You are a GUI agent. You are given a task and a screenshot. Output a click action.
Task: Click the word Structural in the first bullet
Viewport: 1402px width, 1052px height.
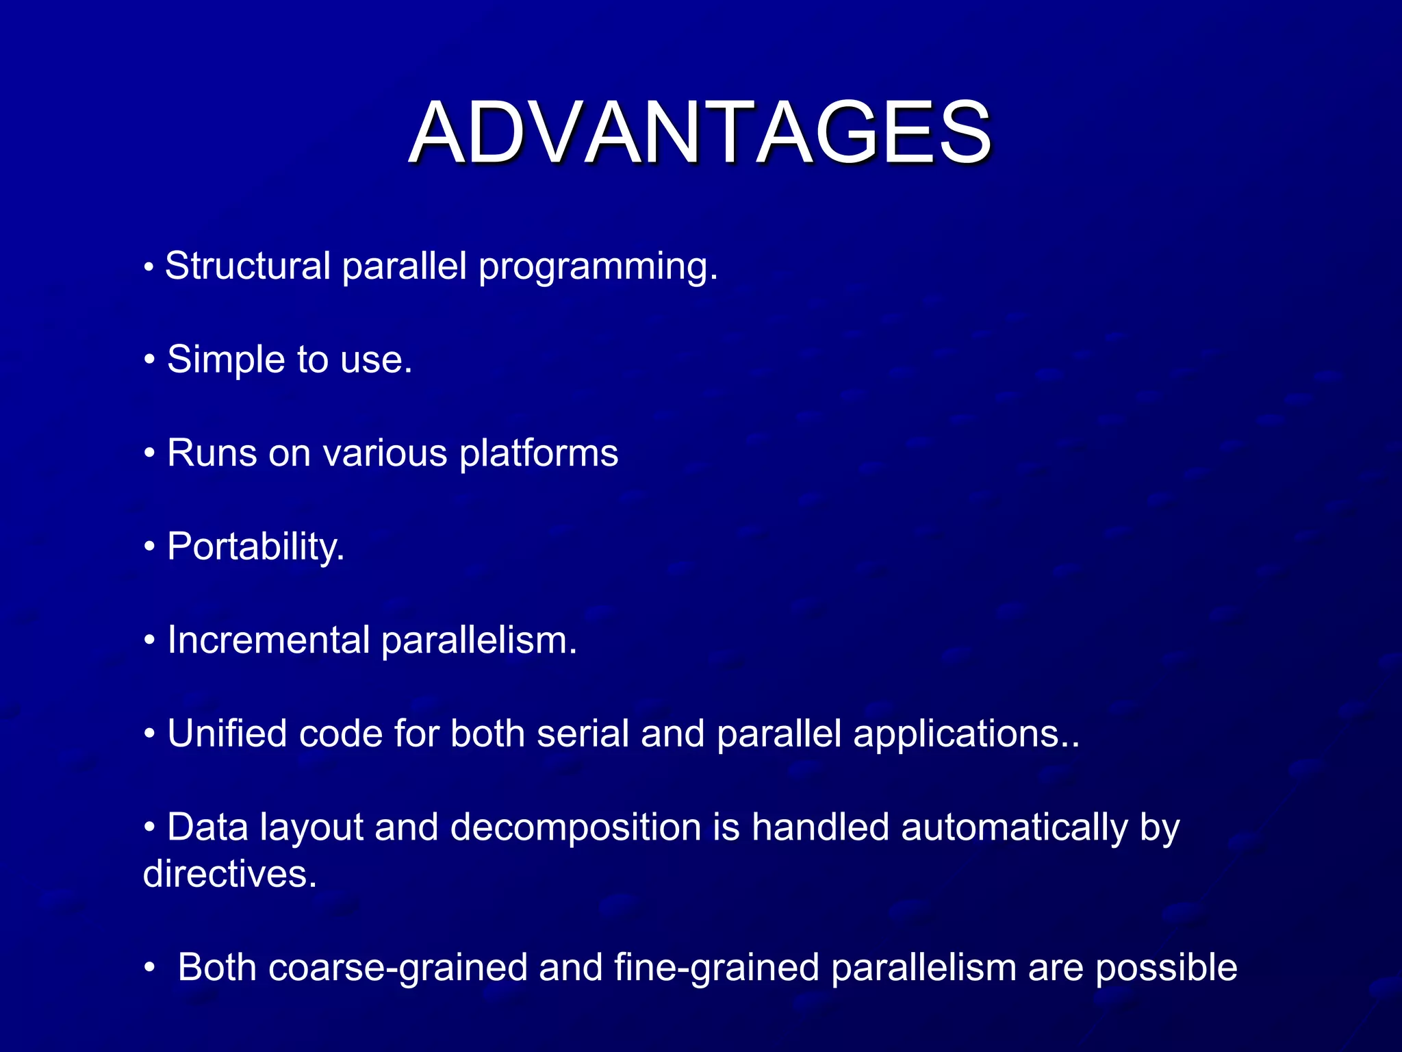point(248,266)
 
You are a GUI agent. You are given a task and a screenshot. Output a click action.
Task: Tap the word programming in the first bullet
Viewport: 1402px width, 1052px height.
point(597,267)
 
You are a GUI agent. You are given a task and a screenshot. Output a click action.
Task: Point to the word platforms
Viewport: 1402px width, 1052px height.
point(539,453)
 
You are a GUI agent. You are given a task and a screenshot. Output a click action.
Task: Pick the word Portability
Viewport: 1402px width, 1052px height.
point(255,547)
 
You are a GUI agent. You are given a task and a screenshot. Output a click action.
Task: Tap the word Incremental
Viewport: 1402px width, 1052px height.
point(268,640)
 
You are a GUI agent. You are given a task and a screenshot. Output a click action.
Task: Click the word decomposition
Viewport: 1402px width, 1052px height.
point(576,828)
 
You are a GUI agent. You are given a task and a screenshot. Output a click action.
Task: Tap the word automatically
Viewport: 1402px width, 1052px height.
point(1014,828)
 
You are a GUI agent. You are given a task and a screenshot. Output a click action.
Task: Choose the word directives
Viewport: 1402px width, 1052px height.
point(229,875)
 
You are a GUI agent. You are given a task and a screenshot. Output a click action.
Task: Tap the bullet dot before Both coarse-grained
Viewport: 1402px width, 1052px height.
point(150,968)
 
